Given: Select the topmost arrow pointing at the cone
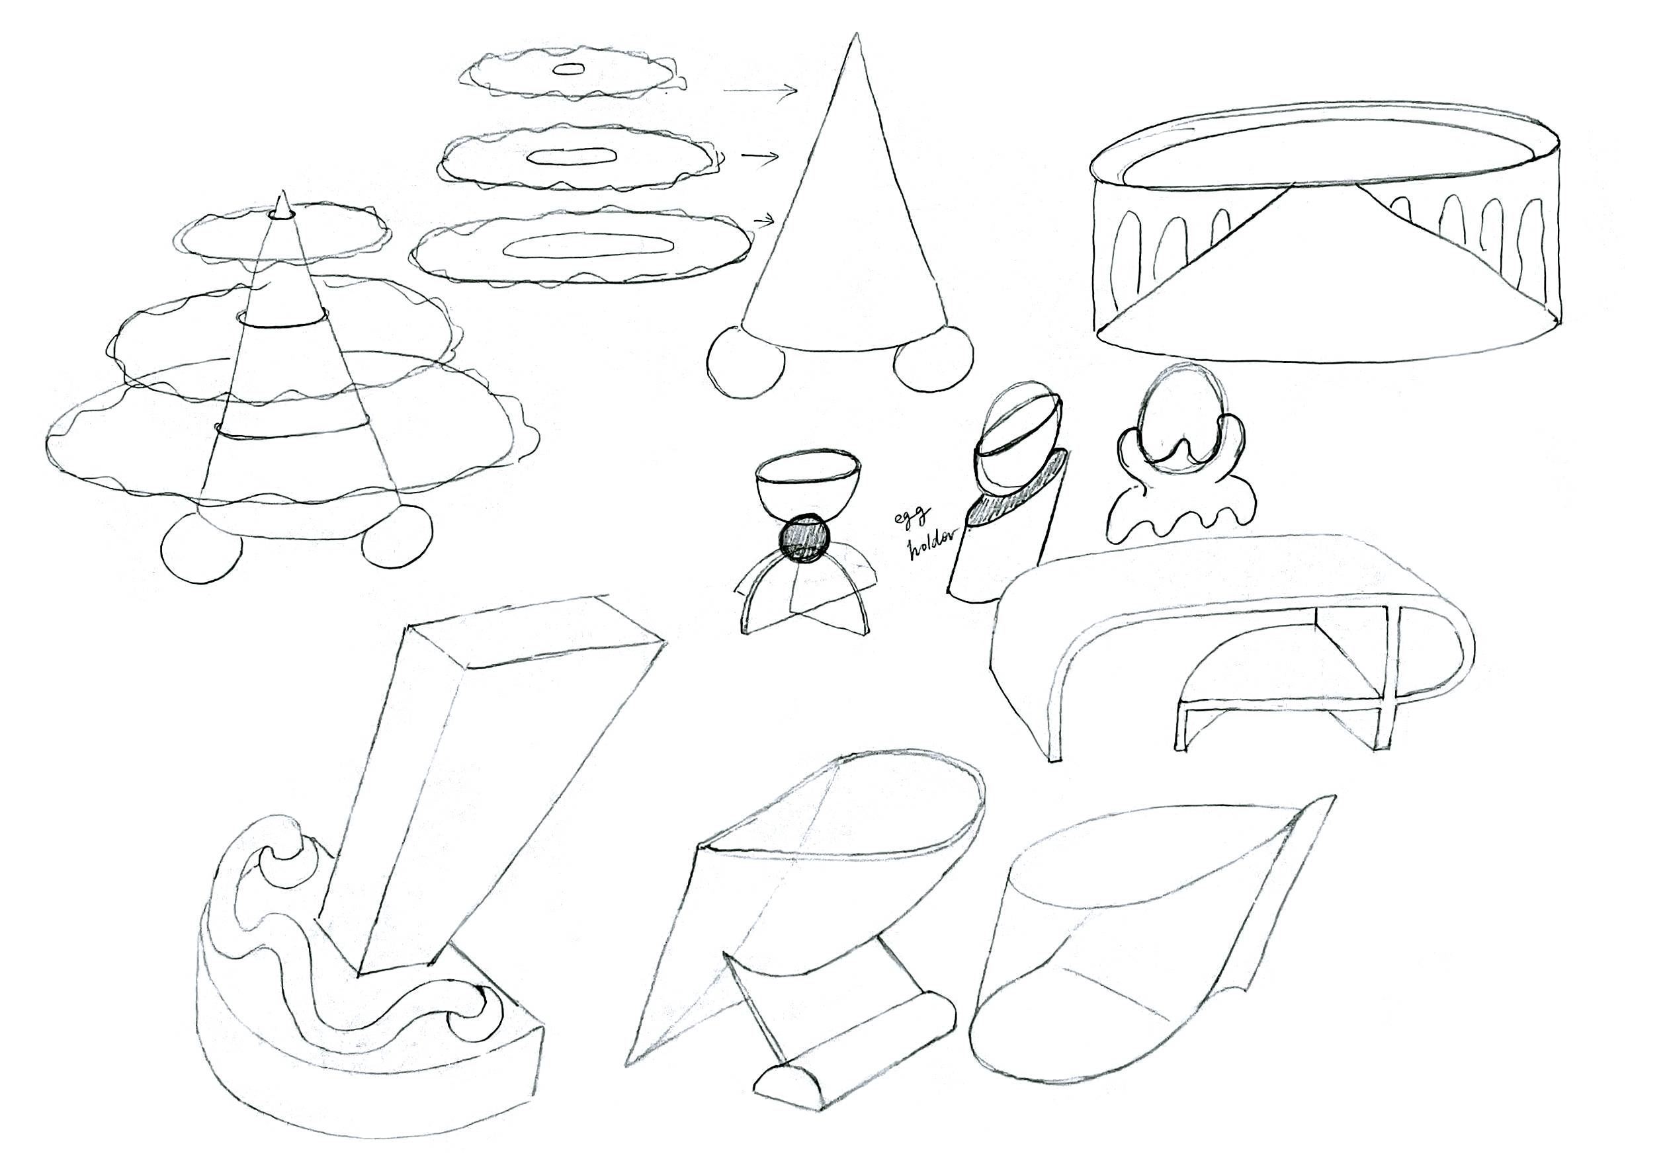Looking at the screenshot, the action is click(760, 91).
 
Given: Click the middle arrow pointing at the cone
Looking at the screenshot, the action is click(760, 156).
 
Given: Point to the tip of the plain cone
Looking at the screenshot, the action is click(857, 35).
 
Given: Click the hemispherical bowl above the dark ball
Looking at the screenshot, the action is click(800, 481).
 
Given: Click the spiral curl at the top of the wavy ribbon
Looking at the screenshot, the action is click(281, 860).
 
